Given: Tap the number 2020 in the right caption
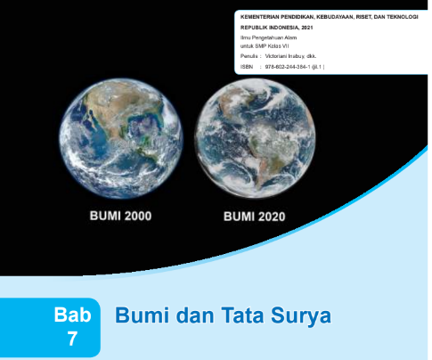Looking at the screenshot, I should click(273, 217).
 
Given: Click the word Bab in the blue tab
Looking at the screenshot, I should click(72, 315).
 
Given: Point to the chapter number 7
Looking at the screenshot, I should click(72, 339).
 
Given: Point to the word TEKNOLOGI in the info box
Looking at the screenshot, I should click(399, 16).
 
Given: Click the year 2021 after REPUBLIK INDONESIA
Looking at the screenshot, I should click(306, 29).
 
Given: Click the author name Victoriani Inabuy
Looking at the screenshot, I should click(289, 55).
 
